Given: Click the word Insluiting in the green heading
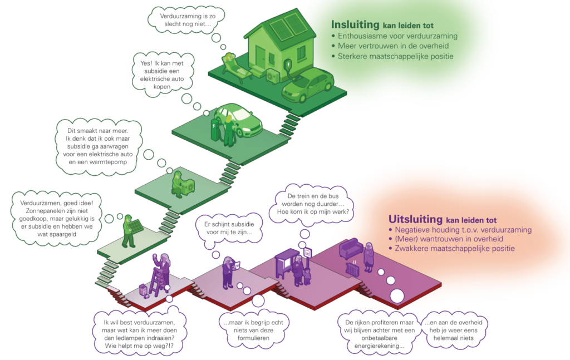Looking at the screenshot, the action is pos(355,24).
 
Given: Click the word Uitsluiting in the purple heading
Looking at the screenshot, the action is pos(415,219).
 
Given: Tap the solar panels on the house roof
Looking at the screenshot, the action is pos(288,27).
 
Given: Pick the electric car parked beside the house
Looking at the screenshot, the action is pos(308,85).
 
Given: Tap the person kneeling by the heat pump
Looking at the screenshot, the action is pos(178,184).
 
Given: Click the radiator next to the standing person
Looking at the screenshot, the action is pos(352,269).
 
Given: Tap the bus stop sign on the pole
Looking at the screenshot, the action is pos(307,251).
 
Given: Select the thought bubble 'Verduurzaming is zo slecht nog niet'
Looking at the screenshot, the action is pos(186,19).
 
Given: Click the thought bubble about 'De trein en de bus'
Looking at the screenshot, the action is pos(312,204).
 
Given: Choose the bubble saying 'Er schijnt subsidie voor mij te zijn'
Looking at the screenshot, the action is pos(229,228).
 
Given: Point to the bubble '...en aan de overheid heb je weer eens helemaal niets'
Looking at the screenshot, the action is pos(454,330).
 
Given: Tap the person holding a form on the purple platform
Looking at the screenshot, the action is pos(228,273).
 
